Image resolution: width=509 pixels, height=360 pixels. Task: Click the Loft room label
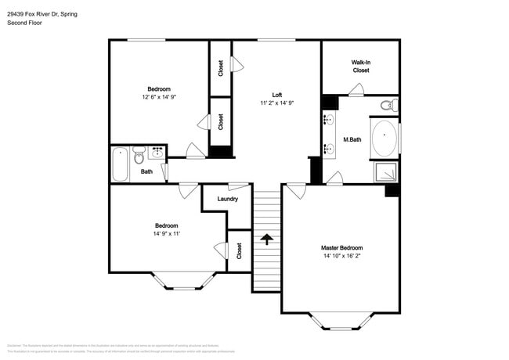277,95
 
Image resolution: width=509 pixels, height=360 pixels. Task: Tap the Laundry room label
228,199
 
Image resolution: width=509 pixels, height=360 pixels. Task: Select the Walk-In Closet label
360,66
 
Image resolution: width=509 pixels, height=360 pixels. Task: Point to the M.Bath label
352,141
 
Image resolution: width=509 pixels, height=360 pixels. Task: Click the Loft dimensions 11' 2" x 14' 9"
277,103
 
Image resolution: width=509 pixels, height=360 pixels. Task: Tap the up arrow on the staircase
266,239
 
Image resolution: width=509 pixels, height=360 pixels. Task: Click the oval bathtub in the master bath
384,139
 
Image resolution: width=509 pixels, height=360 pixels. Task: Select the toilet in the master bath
386,105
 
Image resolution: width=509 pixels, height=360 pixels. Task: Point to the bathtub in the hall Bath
120,164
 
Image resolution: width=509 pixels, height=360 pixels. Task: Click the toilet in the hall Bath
139,153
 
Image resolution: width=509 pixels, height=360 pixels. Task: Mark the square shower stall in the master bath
386,172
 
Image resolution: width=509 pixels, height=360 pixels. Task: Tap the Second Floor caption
24,23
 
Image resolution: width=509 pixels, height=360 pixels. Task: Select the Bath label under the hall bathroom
146,171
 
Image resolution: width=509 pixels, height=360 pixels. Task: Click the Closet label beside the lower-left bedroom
239,251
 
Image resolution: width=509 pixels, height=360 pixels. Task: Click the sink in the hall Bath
157,152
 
